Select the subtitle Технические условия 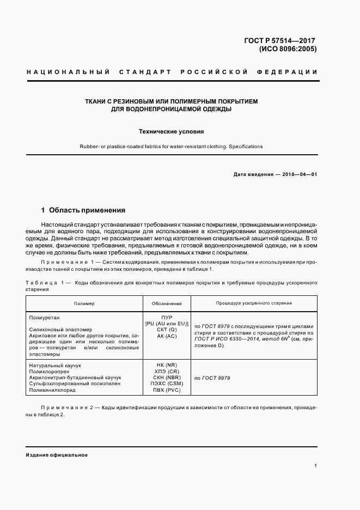(x=172, y=132)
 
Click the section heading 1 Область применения (x=84, y=210)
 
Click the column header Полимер (x=84, y=303)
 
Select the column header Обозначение (x=167, y=303)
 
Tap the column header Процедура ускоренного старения (x=254, y=303)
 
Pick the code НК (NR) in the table (x=167, y=365)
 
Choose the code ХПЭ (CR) (x=167, y=371)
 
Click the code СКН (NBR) (x=167, y=378)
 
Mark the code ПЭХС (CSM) (x=167, y=384)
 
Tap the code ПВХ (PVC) (x=167, y=391)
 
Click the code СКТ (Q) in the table (x=167, y=330)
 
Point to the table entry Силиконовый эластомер (x=59, y=330)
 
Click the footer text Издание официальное (x=57, y=455)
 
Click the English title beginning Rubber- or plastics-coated (x=172, y=147)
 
